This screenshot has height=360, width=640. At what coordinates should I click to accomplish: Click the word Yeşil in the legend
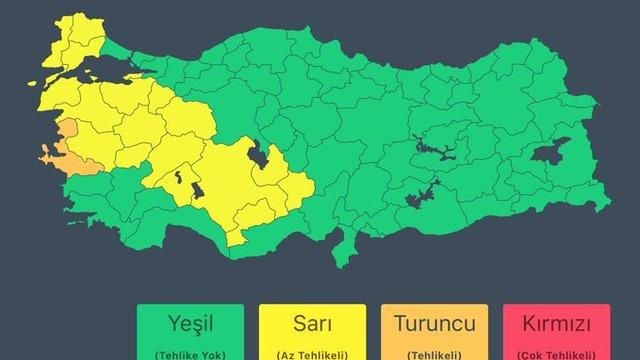pos(191,325)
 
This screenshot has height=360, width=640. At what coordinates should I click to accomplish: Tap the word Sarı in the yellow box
pos(312,325)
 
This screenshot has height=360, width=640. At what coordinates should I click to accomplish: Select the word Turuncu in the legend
pos(434,325)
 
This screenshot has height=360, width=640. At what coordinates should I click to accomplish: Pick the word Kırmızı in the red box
pos(556,325)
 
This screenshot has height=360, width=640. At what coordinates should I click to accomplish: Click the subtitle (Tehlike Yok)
pos(191,354)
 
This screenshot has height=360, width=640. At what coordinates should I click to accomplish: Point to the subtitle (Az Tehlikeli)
pos(312,354)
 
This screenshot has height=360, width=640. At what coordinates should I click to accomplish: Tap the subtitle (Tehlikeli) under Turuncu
pos(434,354)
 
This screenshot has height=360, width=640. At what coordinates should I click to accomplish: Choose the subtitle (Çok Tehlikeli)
pos(556,354)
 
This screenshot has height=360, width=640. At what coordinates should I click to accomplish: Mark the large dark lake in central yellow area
pos(258,155)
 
